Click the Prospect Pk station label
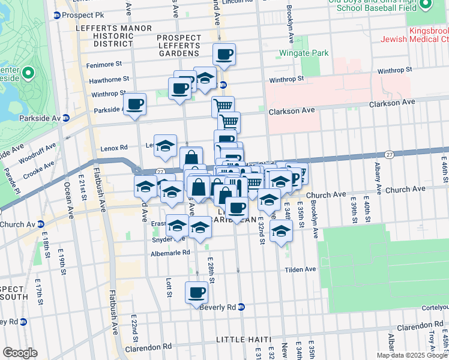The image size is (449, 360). pyautogui.click(x=83, y=15)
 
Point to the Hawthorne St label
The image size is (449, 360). pyautogui.click(x=109, y=79)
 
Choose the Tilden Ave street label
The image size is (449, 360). pyautogui.click(x=300, y=269)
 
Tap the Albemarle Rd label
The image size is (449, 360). pyautogui.click(x=170, y=253)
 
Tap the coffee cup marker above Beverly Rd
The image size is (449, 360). pyautogui.click(x=196, y=293)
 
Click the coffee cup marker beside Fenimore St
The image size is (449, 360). pyautogui.click(x=224, y=55)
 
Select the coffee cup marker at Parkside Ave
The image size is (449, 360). pyautogui.click(x=135, y=104)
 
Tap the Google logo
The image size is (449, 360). pyautogui.click(x=20, y=353)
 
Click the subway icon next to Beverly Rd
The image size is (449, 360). pyautogui.click(x=241, y=307)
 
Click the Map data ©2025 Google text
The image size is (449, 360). pyautogui.click(x=412, y=355)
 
